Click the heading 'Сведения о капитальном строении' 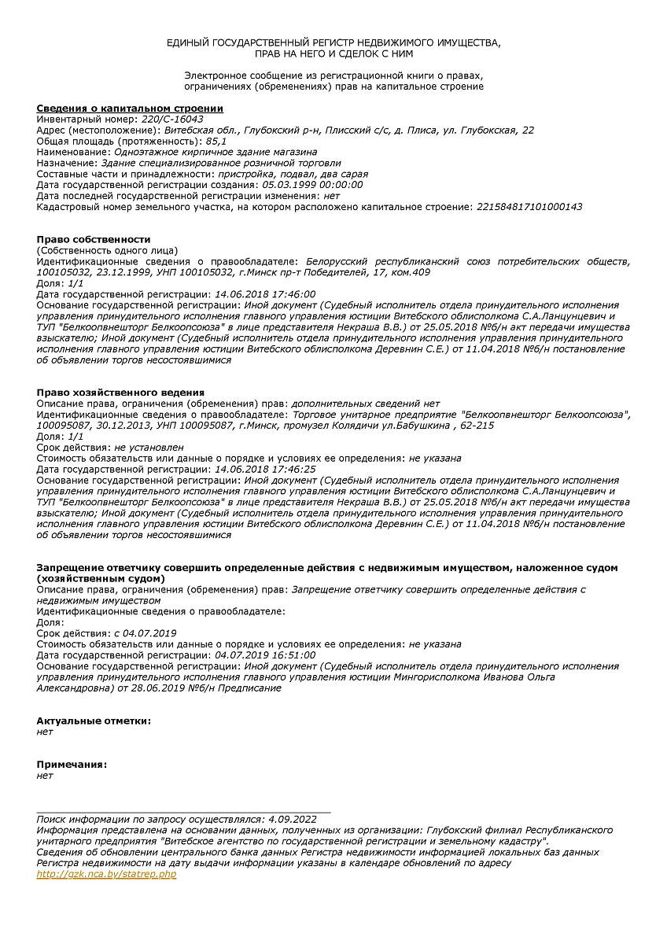coord(130,108)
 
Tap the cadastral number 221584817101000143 coord(529,207)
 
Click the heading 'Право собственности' coord(94,239)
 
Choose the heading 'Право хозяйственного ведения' coord(120,392)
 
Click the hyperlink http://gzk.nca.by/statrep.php coord(106,874)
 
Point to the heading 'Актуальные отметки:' coord(94,721)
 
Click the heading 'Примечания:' coord(72,764)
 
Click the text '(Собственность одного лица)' coord(107,250)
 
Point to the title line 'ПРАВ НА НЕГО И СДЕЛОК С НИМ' coord(333,54)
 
